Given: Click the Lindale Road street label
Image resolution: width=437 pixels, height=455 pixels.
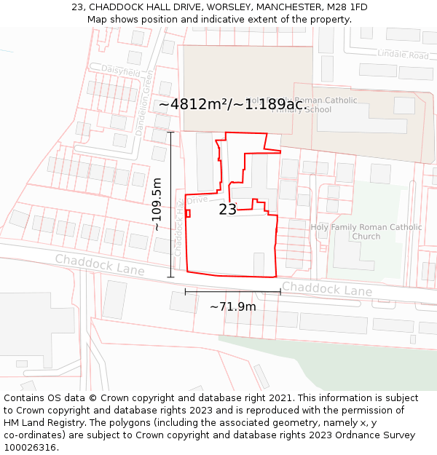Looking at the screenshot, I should coord(403,55).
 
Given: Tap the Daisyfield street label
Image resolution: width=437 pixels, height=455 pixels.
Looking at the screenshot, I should coord(120,71).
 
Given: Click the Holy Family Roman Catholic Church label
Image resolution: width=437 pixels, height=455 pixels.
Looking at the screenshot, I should coord(366,232).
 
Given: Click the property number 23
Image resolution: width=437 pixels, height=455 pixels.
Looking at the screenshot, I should coord(227,210).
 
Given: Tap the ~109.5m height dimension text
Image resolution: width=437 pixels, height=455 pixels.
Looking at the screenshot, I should coord(157,205).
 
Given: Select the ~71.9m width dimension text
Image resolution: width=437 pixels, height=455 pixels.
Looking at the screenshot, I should coord(232,306).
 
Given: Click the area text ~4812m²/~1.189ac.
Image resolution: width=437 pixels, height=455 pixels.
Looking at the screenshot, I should coord(235,104).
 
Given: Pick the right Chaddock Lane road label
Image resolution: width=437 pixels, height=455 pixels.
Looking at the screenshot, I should coord(327,289).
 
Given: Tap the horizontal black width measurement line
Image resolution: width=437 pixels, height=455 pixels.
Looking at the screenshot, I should coord(232,292).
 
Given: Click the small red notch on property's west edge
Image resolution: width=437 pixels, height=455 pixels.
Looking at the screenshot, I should coord(188,213).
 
